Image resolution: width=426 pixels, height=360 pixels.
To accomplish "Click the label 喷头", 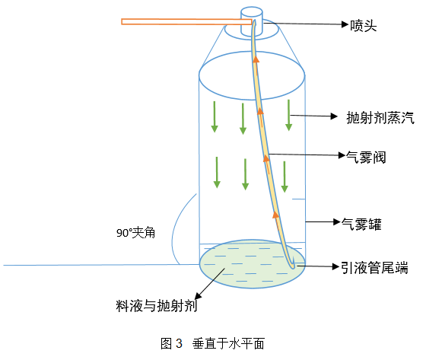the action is pos(364,26).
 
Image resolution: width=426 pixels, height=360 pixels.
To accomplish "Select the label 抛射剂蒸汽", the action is pos(380,118).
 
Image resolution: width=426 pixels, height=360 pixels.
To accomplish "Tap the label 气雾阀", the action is pos(366,158).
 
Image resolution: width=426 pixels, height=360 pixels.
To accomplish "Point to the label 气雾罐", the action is pos(361,225).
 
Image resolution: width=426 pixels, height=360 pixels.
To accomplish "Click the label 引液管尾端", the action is pos(374,268).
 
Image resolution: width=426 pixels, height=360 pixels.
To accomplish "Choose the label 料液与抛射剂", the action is pos(157,306).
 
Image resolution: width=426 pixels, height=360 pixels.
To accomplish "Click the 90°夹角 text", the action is pos(136,233).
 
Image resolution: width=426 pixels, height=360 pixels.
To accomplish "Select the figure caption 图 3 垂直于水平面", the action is pos(212,343).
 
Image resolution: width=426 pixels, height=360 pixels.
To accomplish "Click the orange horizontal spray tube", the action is pos(186,21).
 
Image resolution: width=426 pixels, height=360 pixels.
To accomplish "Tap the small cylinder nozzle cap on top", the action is pos(252,22).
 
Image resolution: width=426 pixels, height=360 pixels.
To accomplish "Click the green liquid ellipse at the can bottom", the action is pos(252,264).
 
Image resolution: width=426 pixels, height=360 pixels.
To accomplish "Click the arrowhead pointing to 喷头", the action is pos(345,24).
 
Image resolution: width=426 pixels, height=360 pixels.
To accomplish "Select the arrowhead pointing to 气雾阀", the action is pos(342,155).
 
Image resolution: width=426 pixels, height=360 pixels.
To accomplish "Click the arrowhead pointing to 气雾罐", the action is pos(337,222).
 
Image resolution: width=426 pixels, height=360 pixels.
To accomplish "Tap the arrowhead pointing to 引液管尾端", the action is pos(336,266).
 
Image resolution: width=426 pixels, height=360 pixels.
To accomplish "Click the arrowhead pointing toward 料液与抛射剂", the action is pos(198,296).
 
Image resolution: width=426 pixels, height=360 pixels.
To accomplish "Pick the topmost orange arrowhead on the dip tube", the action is pos(256,59).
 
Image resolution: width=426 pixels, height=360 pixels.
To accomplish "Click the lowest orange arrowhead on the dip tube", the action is pos(275,215).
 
